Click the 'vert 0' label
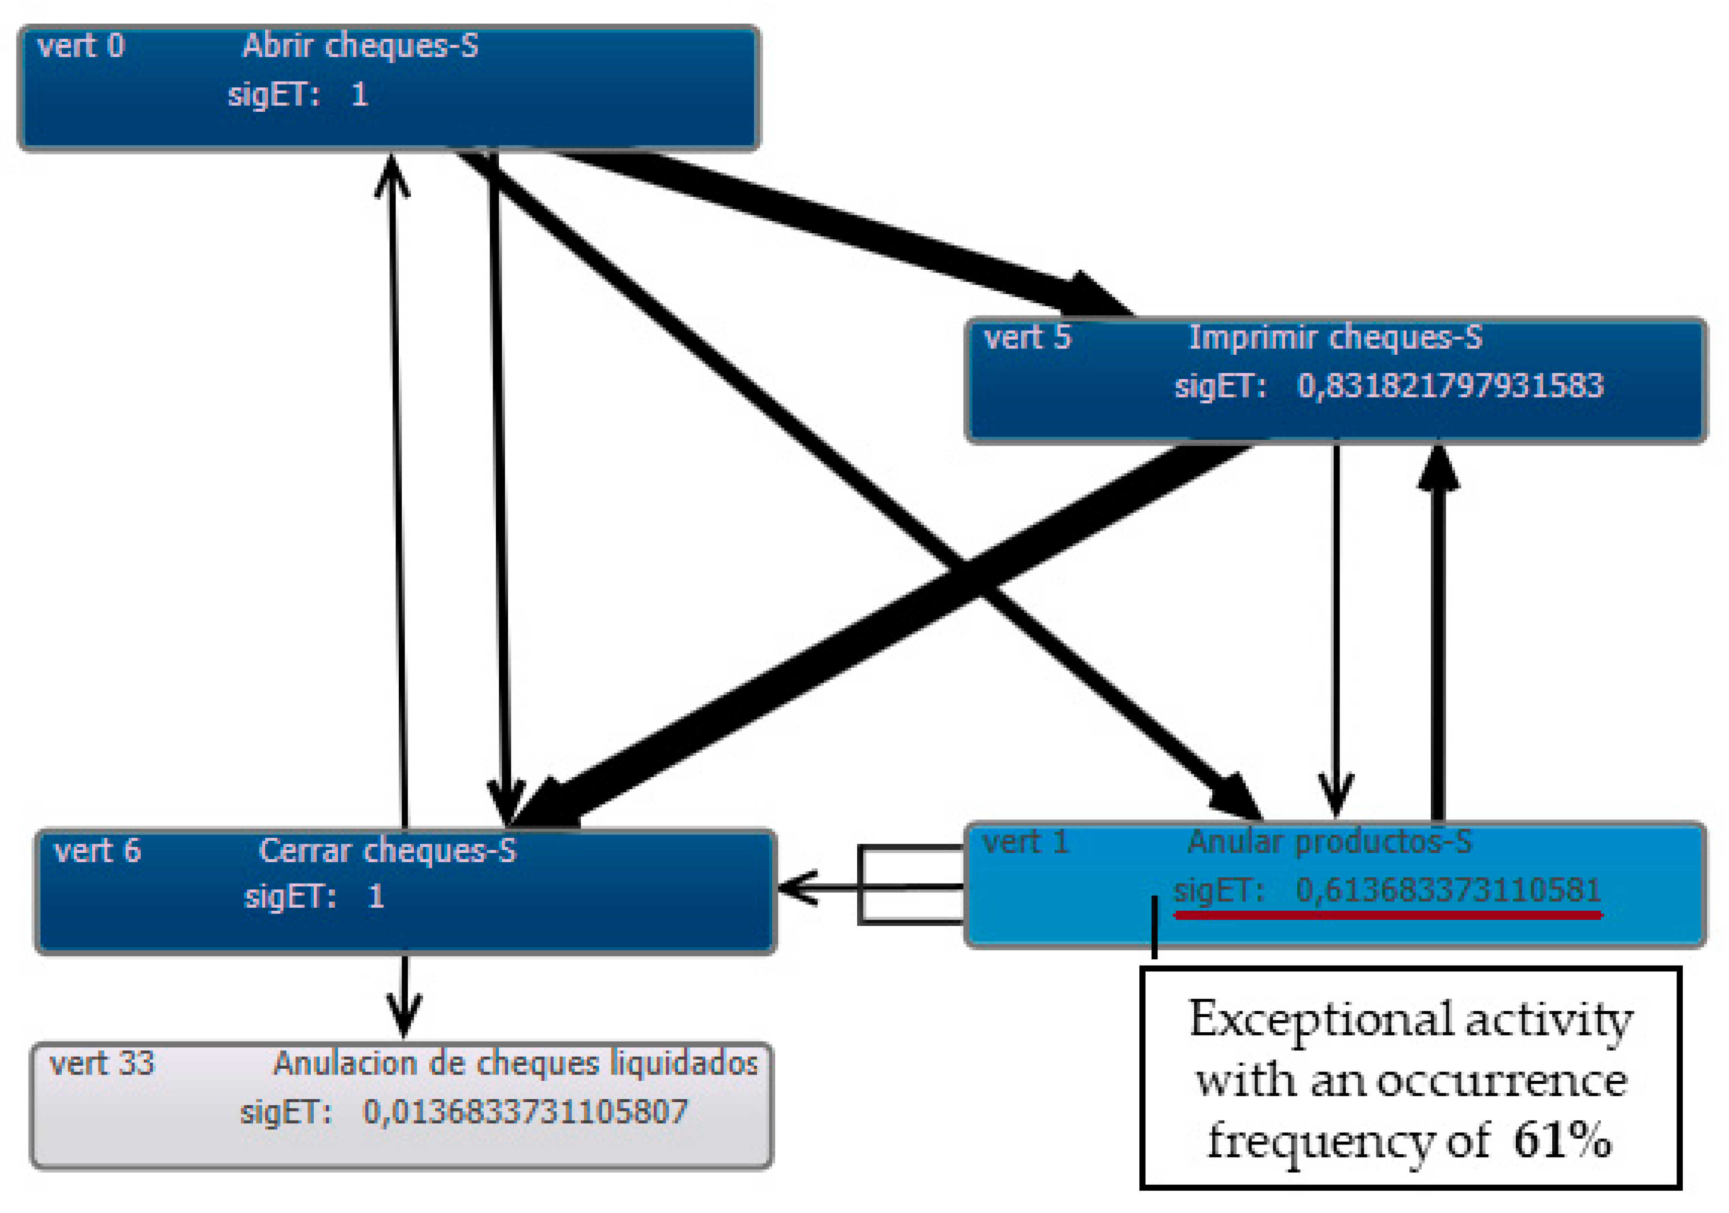pyautogui.click(x=81, y=47)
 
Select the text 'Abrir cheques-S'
pyautogui.click(x=360, y=47)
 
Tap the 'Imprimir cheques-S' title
pyautogui.click(x=1335, y=338)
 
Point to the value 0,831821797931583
pyautogui.click(x=1450, y=386)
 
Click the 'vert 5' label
pyautogui.click(x=1027, y=338)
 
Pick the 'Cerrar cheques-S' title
pyautogui.click(x=387, y=851)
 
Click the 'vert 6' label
pyautogui.click(x=97, y=851)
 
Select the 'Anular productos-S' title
pyautogui.click(x=1329, y=842)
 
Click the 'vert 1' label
pyautogui.click(x=1026, y=842)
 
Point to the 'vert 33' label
pyautogui.click(x=102, y=1064)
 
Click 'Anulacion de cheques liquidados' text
pyautogui.click(x=515, y=1064)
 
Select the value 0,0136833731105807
pyautogui.click(x=525, y=1112)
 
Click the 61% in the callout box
pyautogui.click(x=1562, y=1141)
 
